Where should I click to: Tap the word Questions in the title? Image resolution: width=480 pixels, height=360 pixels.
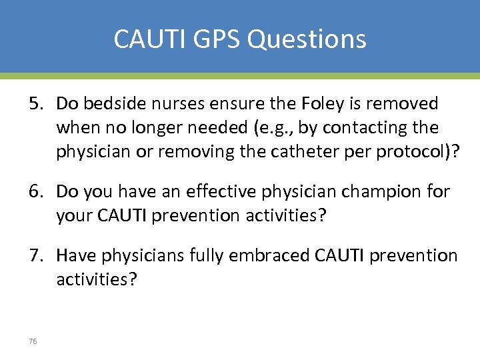coord(307,39)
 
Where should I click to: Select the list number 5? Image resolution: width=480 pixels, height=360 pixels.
coord(35,103)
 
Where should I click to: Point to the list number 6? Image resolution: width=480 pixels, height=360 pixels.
coord(35,192)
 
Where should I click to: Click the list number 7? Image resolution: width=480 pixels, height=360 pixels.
coord(35,255)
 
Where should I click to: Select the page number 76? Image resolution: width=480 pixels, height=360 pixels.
coord(33,341)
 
